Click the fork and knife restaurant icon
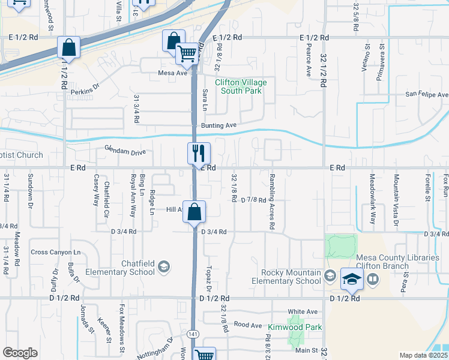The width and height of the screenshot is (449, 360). [x=199, y=153]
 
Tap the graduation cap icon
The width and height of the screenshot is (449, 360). [x=351, y=278]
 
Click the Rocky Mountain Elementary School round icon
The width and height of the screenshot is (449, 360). [x=329, y=276]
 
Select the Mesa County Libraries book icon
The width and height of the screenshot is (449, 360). [x=373, y=278]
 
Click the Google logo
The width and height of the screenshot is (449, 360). [x=20, y=353]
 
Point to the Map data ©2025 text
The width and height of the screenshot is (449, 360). [x=424, y=355]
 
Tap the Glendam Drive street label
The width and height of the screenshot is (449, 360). [x=125, y=151]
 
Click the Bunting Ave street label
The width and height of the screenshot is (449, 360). [x=219, y=125]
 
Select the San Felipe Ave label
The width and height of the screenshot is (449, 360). [x=426, y=95]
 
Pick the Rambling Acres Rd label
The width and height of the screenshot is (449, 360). [x=272, y=202]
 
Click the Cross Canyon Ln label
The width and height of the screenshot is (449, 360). [x=55, y=252]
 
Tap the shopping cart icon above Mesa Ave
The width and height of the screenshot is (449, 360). [x=187, y=53]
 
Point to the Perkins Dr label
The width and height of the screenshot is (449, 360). [x=84, y=91]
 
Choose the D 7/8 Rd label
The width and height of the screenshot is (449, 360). [x=253, y=200]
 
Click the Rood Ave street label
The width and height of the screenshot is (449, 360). [x=248, y=325]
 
